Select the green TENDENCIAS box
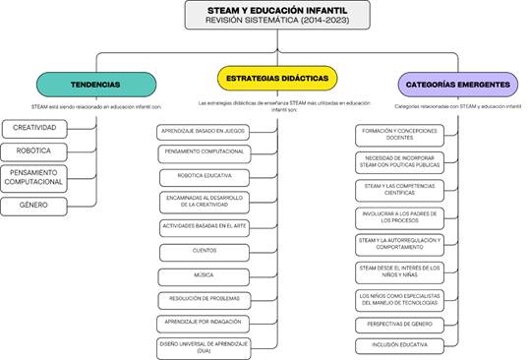(95, 85)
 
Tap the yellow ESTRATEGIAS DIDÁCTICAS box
(276, 78)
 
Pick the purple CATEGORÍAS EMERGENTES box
(457, 85)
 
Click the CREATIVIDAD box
(35, 128)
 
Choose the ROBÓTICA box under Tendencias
(35, 151)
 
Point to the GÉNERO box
(35, 206)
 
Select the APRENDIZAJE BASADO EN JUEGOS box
(205, 131)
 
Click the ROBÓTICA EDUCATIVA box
(205, 177)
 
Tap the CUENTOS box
(205, 251)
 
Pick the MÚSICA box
(205, 274)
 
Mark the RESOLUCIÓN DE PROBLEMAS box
(205, 298)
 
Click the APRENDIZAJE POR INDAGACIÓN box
(205, 322)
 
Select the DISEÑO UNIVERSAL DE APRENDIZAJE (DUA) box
(205, 347)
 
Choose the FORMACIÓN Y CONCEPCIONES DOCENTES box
(399, 134)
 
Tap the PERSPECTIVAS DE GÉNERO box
(399, 323)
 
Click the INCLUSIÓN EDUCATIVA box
(399, 345)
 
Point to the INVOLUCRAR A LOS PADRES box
(399, 215)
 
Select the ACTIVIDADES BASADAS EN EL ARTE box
(205, 226)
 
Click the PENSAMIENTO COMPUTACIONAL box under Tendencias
(35, 177)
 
